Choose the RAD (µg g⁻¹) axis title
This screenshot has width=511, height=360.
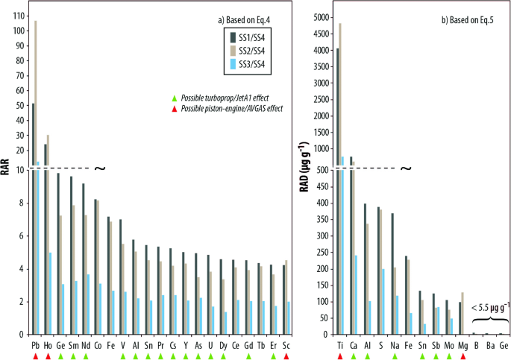pos(303,170)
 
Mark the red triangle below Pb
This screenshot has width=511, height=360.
pos(34,356)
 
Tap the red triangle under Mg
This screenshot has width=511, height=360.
pos(463,356)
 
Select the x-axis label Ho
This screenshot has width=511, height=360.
pos(47,347)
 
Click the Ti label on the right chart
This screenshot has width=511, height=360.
pos(339,347)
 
